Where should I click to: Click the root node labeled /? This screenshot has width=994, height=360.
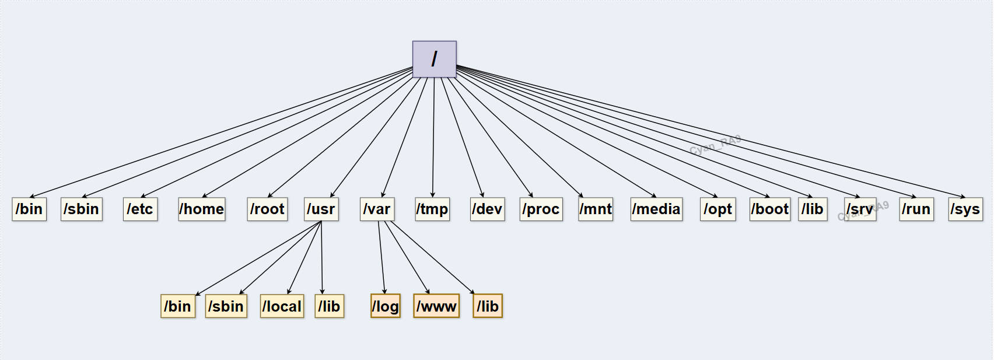pyautogui.click(x=434, y=59)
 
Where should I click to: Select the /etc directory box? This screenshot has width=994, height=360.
pyautogui.click(x=140, y=209)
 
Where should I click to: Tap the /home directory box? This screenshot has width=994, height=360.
pyautogui.click(x=202, y=209)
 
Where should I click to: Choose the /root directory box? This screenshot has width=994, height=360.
pyautogui.click(x=267, y=209)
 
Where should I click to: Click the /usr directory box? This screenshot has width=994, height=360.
pyautogui.click(x=321, y=209)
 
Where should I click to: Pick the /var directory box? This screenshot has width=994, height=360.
pyautogui.click(x=377, y=209)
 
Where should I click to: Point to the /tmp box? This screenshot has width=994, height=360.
pyautogui.click(x=432, y=209)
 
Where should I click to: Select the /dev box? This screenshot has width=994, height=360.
pyautogui.click(x=487, y=209)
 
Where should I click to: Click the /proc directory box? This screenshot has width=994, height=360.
pyautogui.click(x=541, y=209)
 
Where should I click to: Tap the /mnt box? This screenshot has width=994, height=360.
pyautogui.click(x=596, y=209)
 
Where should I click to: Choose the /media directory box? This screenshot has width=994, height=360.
pyautogui.click(x=656, y=209)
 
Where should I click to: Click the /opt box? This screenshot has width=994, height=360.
pyautogui.click(x=717, y=209)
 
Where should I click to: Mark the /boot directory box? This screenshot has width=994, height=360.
pyautogui.click(x=770, y=209)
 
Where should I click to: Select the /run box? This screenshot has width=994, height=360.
pyautogui.click(x=916, y=209)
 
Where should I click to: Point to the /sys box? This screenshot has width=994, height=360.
pyautogui.click(x=965, y=209)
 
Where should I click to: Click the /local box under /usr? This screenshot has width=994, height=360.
pyautogui.click(x=282, y=306)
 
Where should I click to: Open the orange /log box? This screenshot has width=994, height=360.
pyautogui.click(x=386, y=306)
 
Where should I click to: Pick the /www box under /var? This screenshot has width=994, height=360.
pyautogui.click(x=436, y=306)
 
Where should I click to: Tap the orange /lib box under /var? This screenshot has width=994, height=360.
pyautogui.click(x=488, y=306)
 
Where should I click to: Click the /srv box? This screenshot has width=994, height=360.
pyautogui.click(x=860, y=209)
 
